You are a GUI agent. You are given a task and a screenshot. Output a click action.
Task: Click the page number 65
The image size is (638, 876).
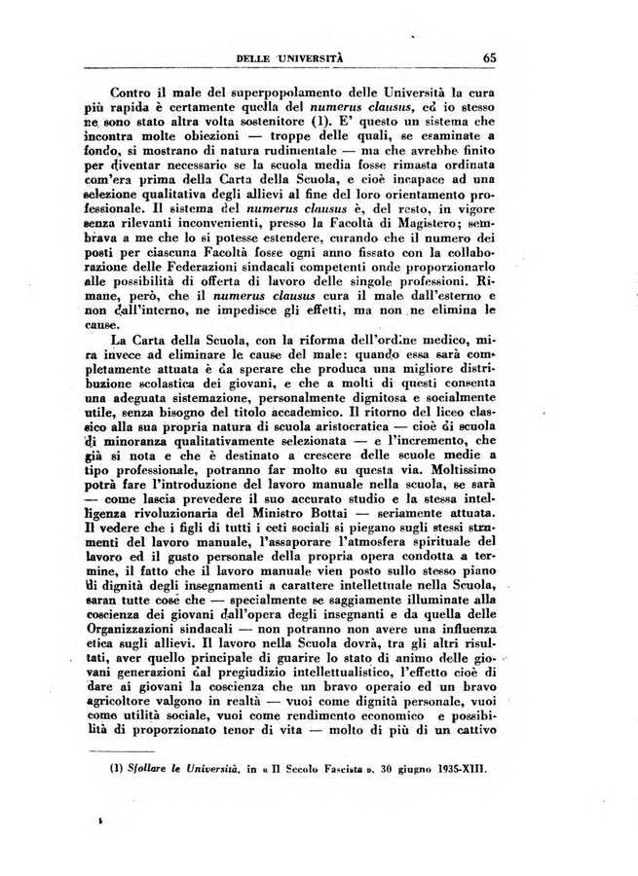(488, 55)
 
